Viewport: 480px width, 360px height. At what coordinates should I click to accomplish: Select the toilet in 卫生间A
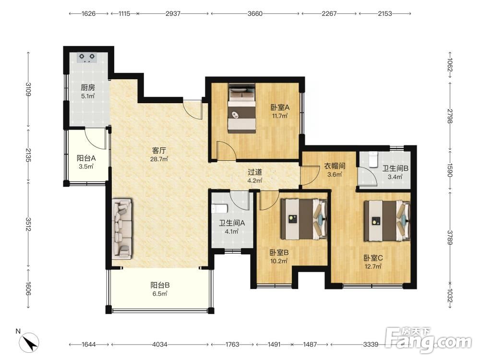tap(219, 209)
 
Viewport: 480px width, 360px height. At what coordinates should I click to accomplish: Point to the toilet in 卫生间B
tap(373, 159)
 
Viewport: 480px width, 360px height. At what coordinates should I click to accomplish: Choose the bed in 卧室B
tap(304, 219)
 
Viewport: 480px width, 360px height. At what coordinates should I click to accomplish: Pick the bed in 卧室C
tap(387, 220)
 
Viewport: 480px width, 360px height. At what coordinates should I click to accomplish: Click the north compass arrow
tap(29, 343)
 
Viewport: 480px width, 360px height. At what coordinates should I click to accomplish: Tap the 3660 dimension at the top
tap(255, 13)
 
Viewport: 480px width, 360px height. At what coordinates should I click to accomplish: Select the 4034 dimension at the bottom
tap(159, 344)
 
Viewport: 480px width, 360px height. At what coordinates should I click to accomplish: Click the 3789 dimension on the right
tap(450, 237)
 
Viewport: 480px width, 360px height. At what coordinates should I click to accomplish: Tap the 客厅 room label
tap(159, 151)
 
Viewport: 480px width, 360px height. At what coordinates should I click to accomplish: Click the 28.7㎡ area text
tap(159, 159)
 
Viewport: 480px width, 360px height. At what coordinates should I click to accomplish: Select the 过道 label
tap(255, 172)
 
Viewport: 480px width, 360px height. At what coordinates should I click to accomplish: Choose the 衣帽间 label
tap(335, 166)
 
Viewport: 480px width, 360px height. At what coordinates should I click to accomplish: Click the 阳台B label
tap(160, 285)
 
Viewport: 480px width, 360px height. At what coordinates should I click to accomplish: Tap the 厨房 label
tap(88, 87)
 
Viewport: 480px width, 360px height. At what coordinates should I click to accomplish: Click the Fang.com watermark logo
tap(429, 339)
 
